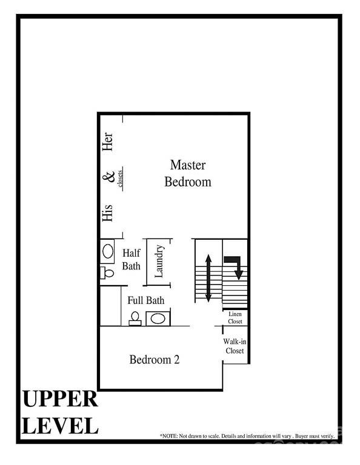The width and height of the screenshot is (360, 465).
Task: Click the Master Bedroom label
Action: click(x=188, y=173)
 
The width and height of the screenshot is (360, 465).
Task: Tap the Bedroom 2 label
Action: click(x=155, y=360)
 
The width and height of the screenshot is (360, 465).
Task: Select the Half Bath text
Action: click(x=132, y=259)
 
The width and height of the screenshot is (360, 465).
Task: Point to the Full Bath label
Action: click(x=145, y=300)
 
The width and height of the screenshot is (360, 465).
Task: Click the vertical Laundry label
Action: click(x=159, y=261)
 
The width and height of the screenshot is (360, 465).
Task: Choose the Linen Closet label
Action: click(x=235, y=318)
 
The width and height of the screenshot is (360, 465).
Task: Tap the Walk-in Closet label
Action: click(x=235, y=346)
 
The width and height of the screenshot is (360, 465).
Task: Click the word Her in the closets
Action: click(x=108, y=143)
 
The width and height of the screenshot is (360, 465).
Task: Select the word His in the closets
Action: click(x=108, y=212)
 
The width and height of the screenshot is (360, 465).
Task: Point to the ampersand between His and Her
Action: click(x=108, y=177)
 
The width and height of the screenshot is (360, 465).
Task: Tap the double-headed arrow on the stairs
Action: click(x=208, y=278)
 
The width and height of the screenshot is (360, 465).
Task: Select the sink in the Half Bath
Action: click(x=108, y=250)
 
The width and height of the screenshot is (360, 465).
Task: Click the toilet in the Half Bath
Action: click(x=107, y=272)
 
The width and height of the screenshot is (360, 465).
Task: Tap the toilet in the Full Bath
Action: click(x=136, y=318)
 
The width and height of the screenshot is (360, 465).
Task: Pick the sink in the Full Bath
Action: click(x=158, y=318)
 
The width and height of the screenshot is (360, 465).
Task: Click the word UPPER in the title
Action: click(x=59, y=400)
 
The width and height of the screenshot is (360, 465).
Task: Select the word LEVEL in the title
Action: click(x=59, y=426)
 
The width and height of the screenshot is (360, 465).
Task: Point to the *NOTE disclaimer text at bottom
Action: click(x=247, y=436)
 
